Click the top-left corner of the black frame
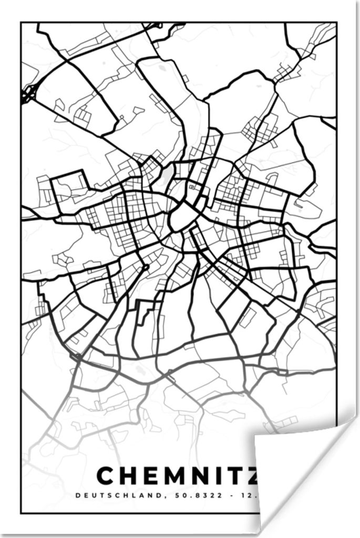point(21,22)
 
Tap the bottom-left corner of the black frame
point(21,513)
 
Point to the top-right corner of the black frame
point(336,22)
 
